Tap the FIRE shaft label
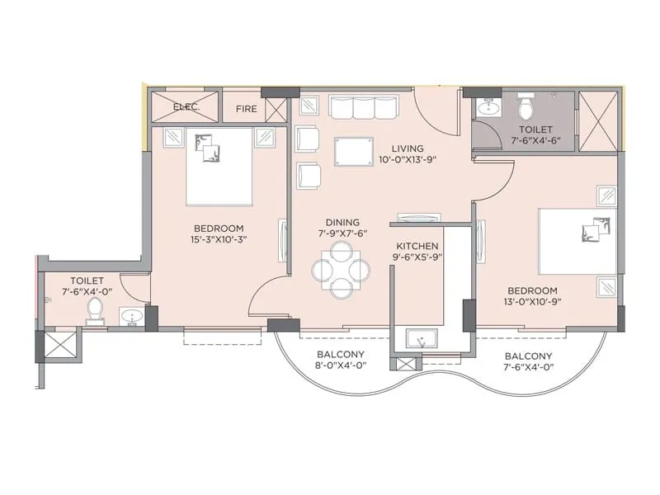point(247,108)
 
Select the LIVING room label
point(408,148)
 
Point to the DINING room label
point(342,222)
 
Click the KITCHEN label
point(417,246)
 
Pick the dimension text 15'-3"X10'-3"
point(219,239)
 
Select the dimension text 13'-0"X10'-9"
point(532,303)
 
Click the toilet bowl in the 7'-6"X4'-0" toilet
point(95,311)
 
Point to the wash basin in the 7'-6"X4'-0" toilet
point(131,315)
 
